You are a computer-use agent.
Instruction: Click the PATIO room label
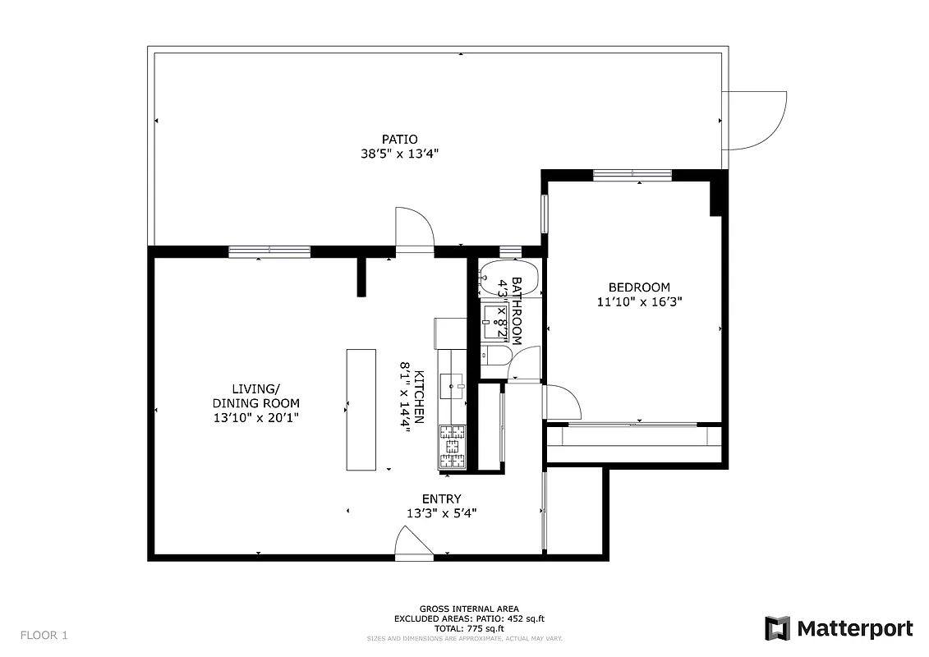coord(399,139)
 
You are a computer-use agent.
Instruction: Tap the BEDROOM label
coord(639,287)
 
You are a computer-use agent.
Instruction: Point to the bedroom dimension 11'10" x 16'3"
coord(639,301)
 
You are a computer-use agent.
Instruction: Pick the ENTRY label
coord(441,498)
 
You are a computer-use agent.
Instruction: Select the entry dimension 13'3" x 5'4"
coord(441,513)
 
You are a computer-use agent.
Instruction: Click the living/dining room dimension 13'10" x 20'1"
coord(255,417)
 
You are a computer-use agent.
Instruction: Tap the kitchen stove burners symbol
coord(452,448)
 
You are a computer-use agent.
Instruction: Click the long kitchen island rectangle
coord(361,409)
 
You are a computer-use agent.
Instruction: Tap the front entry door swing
coord(413,544)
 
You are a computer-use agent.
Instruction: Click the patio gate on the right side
coord(753,120)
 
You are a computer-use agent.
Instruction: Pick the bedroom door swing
coord(562,402)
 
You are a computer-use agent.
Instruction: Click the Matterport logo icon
coord(777,628)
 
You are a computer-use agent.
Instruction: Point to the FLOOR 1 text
coord(44,635)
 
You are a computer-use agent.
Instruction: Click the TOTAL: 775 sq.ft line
coord(468,627)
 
